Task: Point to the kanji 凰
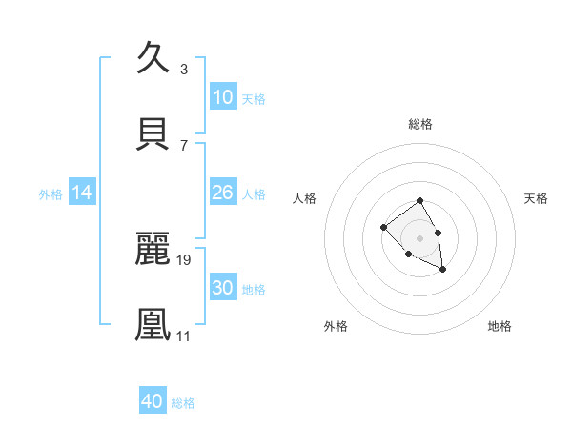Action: [154, 324]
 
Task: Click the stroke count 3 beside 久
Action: [183, 69]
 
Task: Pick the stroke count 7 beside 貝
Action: [183, 145]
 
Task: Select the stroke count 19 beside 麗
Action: [184, 259]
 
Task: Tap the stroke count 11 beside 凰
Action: [184, 336]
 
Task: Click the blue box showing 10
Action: [222, 97]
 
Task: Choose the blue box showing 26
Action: [222, 193]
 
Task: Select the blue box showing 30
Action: [222, 288]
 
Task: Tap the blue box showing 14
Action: [82, 193]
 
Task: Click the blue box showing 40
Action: [153, 401]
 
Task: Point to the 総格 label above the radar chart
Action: [420, 124]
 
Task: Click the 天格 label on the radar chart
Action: [536, 198]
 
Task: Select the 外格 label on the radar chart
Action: [336, 326]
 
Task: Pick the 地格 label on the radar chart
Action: [500, 326]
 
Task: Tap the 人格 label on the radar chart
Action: [305, 198]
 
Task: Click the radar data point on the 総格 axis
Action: [420, 201]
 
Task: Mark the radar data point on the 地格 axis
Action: [443, 270]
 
